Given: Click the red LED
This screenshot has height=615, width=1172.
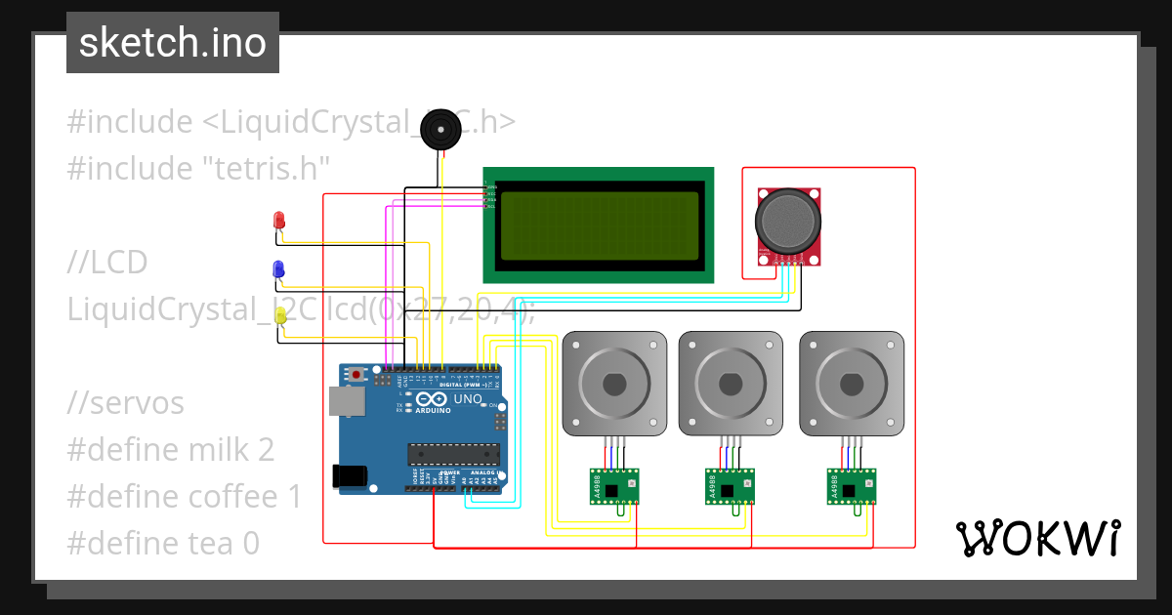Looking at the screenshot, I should pyautogui.click(x=279, y=220).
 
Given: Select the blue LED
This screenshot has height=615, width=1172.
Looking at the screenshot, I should pyautogui.click(x=278, y=268).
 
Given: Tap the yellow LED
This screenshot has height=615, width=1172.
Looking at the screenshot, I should pyautogui.click(x=280, y=315).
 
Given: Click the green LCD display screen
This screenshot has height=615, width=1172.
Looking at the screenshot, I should pyautogui.click(x=600, y=225).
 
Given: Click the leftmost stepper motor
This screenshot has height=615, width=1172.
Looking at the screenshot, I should pyautogui.click(x=614, y=383).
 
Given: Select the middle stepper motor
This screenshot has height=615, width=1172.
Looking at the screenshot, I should pyautogui.click(x=731, y=383).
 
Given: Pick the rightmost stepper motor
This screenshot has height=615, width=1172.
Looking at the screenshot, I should pyautogui.click(x=851, y=383).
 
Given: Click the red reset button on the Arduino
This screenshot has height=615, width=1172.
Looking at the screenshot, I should pyautogui.click(x=358, y=374).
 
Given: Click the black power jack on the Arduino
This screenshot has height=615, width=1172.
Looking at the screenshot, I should pyautogui.click(x=349, y=475).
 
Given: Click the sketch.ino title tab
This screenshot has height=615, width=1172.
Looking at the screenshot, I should pyautogui.click(x=173, y=43).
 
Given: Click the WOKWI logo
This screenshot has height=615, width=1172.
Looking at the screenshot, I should pyautogui.click(x=1037, y=538).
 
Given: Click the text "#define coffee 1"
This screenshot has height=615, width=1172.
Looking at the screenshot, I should pyautogui.click(x=186, y=496).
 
